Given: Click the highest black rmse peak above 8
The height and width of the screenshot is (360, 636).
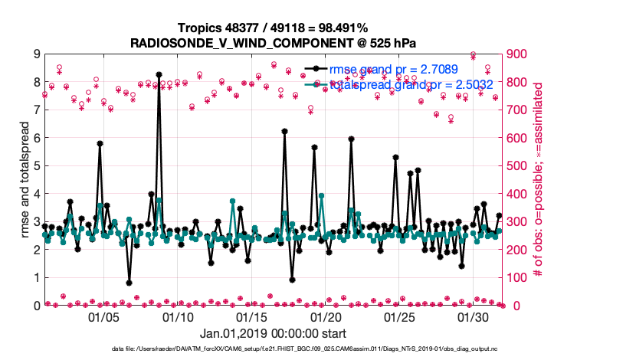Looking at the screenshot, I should tap(159, 75).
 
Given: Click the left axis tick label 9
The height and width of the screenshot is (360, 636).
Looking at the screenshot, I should tap(35, 54).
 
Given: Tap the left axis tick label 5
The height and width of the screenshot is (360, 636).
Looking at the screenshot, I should tap(35, 166).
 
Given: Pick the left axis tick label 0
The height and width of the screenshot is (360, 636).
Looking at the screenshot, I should tap(35, 306).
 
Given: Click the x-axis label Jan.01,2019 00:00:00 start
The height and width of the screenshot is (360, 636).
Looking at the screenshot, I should tap(273, 334).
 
